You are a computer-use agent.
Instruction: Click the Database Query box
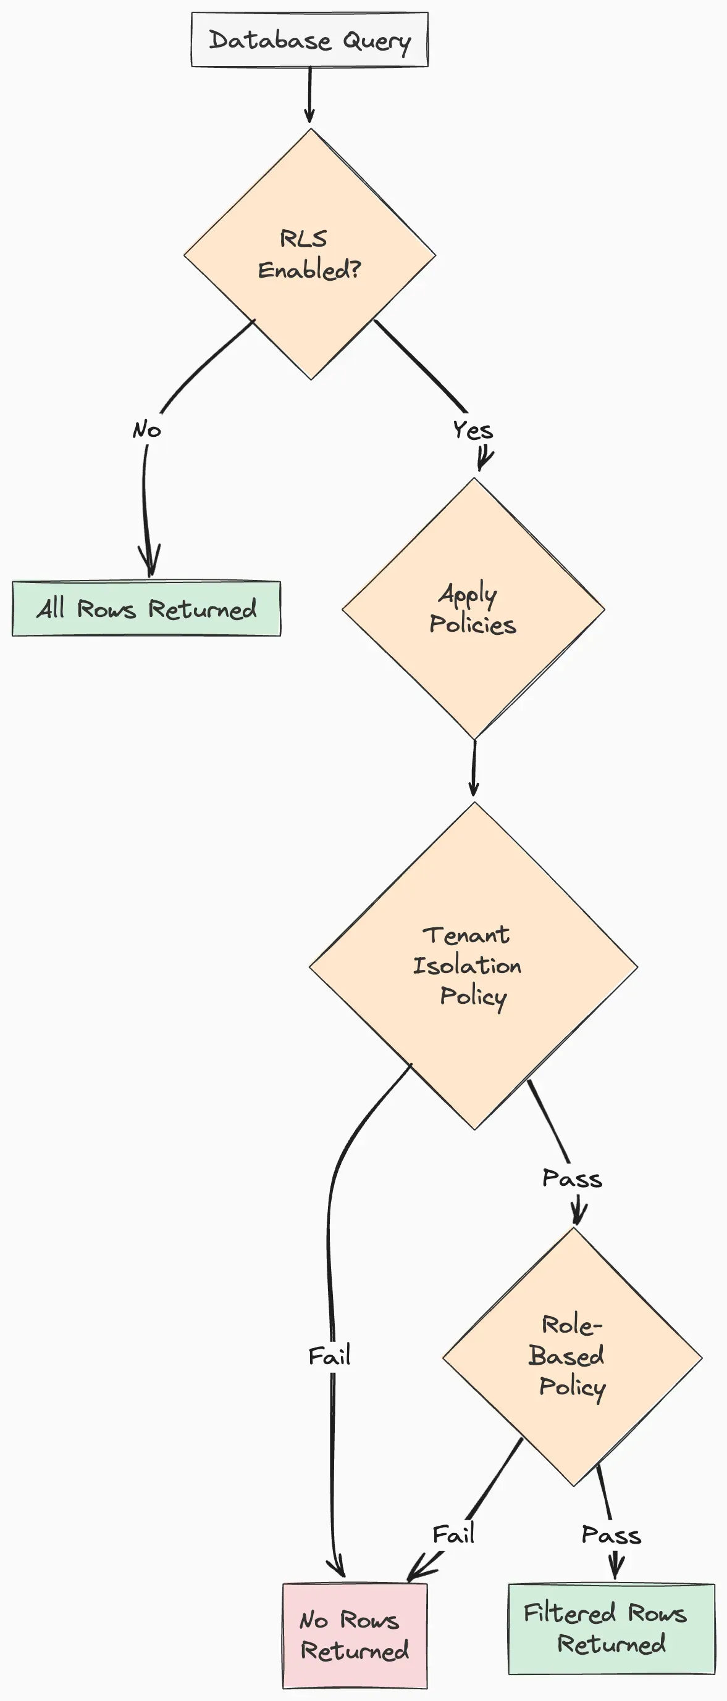click(309, 39)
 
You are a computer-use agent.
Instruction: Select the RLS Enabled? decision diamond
click(309, 254)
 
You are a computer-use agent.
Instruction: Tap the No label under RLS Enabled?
click(147, 430)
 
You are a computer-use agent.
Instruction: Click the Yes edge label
click(473, 431)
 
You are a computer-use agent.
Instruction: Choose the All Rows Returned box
click(146, 608)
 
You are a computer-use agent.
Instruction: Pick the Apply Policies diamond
click(473, 609)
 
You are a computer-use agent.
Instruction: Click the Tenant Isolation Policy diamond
click(473, 966)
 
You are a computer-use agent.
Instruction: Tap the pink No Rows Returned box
click(355, 1635)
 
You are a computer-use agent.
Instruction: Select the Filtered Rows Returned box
click(611, 1628)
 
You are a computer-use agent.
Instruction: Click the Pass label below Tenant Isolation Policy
click(573, 1178)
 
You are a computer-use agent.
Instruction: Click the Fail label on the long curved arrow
click(329, 1356)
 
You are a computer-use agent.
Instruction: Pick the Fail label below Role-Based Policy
click(453, 1534)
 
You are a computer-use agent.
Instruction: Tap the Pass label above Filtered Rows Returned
click(611, 1535)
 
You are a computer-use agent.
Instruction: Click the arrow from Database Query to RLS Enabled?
click(309, 94)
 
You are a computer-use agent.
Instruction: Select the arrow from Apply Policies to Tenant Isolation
click(474, 768)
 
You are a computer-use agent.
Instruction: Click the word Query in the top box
click(377, 41)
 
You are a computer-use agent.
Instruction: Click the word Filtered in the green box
click(569, 1613)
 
